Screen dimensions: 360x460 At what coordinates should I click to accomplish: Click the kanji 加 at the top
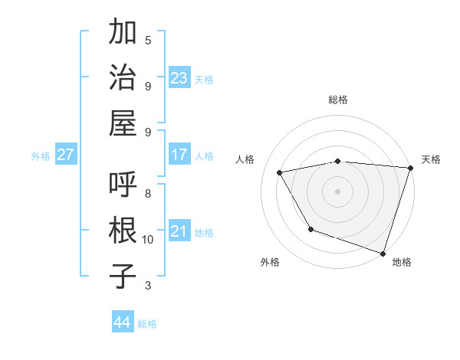tap(123, 33)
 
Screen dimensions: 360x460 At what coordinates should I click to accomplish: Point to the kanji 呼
tap(123, 185)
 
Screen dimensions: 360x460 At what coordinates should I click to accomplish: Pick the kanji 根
tap(123, 231)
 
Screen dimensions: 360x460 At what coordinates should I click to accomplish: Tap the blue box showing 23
tap(179, 78)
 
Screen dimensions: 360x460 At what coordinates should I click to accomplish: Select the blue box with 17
tap(179, 155)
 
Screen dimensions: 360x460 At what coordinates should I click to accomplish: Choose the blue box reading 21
tap(179, 231)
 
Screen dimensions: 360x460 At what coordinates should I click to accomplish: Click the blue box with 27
tap(66, 155)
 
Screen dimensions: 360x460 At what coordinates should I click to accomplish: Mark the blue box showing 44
tap(123, 322)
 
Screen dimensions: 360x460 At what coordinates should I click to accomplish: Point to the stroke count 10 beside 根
tap(148, 240)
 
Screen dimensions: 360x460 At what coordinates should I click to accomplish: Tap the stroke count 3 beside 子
tap(148, 286)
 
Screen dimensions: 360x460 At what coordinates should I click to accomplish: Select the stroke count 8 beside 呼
tap(148, 194)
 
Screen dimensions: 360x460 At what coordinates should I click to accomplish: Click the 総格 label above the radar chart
tap(338, 100)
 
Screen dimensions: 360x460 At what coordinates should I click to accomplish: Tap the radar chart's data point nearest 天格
tap(411, 168)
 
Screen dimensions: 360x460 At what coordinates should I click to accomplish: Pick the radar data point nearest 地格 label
tap(383, 253)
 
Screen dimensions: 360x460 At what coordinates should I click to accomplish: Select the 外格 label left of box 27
tap(41, 156)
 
